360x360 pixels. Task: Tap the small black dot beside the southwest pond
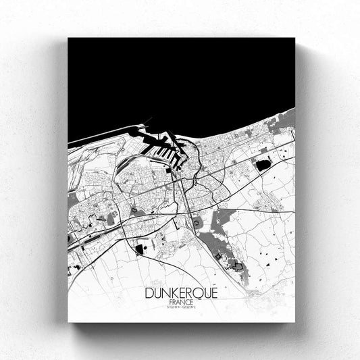[149, 248]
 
